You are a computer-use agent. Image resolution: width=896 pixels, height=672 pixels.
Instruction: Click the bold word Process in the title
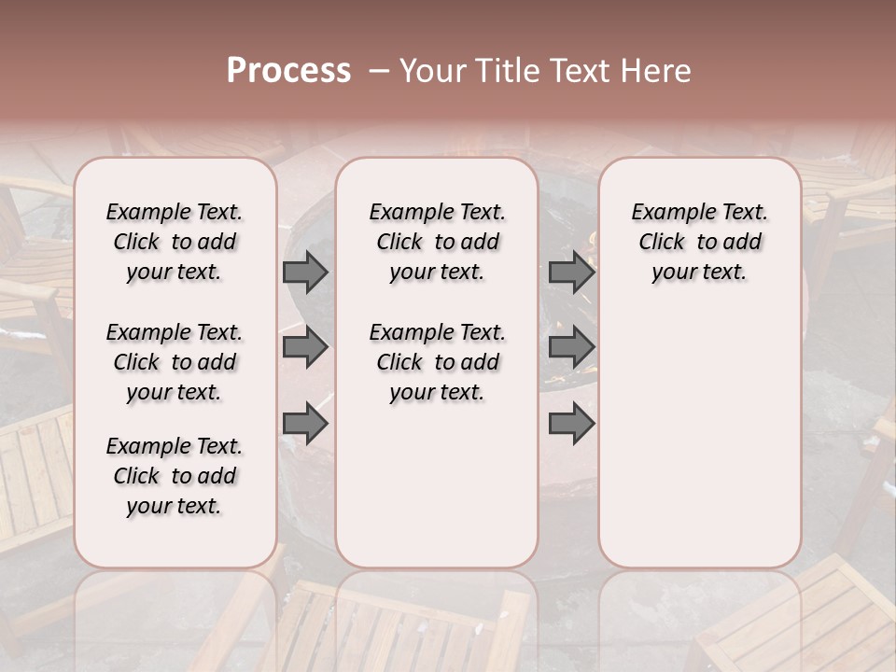pos(288,71)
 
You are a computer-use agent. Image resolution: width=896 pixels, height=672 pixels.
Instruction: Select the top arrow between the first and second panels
pos(305,272)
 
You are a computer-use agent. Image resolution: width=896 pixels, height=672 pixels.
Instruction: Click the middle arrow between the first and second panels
pos(305,348)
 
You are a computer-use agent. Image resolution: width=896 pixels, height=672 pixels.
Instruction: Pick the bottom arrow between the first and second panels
pos(305,425)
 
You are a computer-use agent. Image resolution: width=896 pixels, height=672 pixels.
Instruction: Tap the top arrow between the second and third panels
pos(571,272)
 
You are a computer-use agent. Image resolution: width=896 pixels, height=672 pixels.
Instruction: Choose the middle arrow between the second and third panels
pos(571,348)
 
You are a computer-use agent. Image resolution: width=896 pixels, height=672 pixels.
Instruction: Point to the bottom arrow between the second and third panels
pos(571,425)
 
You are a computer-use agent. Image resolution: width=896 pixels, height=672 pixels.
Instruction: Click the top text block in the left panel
pos(175,242)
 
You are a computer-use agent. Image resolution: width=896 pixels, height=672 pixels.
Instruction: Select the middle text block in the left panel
pos(175,362)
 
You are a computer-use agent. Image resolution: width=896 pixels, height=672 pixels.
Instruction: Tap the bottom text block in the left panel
pos(175,476)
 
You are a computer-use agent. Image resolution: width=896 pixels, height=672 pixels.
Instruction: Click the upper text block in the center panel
pos(437,242)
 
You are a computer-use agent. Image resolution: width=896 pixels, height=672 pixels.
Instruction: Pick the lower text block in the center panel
pos(437,362)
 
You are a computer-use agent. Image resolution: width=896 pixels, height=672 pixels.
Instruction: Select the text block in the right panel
pos(699,242)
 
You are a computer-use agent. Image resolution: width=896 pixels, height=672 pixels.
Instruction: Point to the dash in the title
pos(379,71)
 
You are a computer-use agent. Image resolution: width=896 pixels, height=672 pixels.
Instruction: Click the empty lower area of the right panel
pos(699,439)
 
